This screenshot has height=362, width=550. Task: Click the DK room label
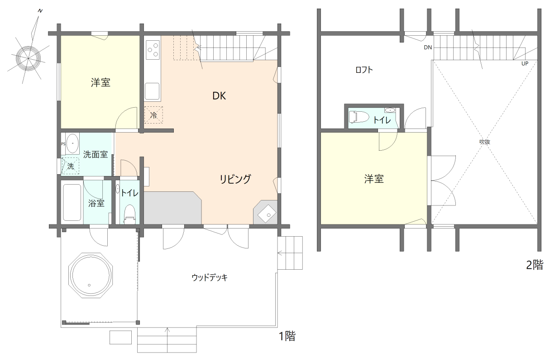pyautogui.click(x=219, y=96)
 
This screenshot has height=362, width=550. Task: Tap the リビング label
pyautogui.click(x=235, y=179)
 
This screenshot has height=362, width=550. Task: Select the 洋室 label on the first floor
pyautogui.click(x=100, y=83)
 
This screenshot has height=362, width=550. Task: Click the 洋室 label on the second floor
pyautogui.click(x=374, y=179)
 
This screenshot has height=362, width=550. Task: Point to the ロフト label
pyautogui.click(x=364, y=70)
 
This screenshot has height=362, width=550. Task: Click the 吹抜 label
pyautogui.click(x=485, y=142)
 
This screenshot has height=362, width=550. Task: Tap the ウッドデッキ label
pyautogui.click(x=209, y=277)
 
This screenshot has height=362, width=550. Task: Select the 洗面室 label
pyautogui.click(x=96, y=154)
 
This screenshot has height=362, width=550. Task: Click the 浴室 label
pyautogui.click(x=96, y=203)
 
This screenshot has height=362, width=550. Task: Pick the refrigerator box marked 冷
pyautogui.click(x=153, y=115)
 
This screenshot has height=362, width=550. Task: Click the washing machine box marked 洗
pyautogui.click(x=71, y=166)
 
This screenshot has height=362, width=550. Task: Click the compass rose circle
pyautogui.click(x=28, y=57)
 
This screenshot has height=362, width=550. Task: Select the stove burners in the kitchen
pyautogui.click(x=153, y=49)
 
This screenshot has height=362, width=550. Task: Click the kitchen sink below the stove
pyautogui.click(x=152, y=91)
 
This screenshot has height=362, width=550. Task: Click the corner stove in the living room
pyautogui.click(x=267, y=213)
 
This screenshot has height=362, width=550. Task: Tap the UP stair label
pyautogui.click(x=525, y=64)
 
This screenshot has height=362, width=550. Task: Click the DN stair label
pyautogui.click(x=427, y=47)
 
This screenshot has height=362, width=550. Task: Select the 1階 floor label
pyautogui.click(x=287, y=336)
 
